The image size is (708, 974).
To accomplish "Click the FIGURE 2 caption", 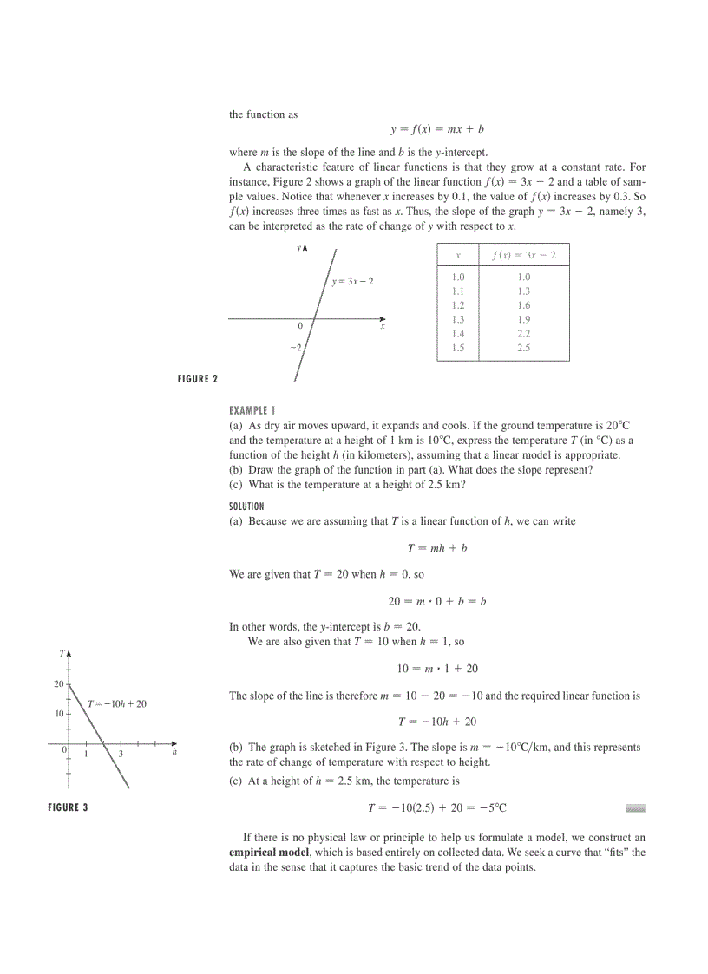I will pos(197,379).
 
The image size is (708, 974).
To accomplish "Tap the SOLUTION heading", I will pos(246,506).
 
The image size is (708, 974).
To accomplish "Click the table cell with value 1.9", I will pos(523,319).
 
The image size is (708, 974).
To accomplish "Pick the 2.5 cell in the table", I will pos(523,348).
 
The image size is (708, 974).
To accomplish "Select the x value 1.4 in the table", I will pos(458,333).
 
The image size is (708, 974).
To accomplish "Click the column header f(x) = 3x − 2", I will pos(523,255).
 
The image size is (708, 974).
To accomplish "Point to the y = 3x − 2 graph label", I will pos(353,282).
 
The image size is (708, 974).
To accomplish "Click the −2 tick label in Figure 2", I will pos(296,347).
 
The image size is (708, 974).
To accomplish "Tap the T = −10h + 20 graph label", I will pos(117,703).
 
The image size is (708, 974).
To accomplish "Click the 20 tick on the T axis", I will pos(59,684).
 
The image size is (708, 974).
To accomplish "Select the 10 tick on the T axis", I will pos(59,714).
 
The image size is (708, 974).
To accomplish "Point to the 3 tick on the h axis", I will pos(121,755).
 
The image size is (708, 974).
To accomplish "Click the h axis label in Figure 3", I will pos(174,752).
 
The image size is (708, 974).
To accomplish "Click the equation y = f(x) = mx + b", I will pos(436,129).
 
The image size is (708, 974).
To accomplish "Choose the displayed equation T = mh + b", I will pos(437,548).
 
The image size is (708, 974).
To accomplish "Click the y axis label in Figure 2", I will pos(298,248).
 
